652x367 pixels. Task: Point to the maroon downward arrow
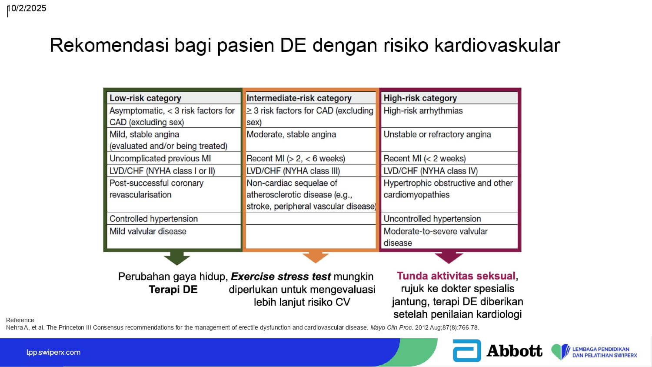point(449,257)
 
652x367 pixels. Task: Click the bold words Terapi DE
point(173,290)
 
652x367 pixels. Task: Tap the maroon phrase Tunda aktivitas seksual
point(456,276)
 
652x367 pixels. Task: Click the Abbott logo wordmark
point(514,350)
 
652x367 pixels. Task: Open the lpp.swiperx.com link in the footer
point(53,353)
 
